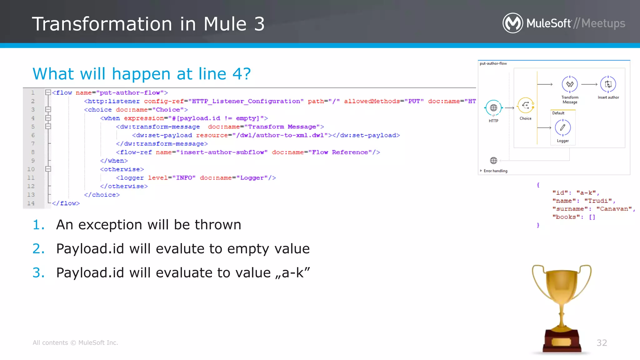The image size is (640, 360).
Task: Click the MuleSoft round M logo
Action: click(512, 23)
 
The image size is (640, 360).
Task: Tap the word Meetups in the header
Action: click(603, 23)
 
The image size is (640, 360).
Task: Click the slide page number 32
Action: click(602, 343)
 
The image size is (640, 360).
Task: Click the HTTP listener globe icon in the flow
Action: click(493, 108)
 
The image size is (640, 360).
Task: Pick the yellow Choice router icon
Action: click(526, 105)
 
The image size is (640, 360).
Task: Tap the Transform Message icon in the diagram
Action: click(570, 84)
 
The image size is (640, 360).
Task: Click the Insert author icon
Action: click(608, 84)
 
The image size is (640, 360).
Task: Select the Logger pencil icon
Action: click(562, 127)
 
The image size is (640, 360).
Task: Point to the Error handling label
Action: click(495, 171)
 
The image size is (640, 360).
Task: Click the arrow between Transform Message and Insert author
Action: click(589, 84)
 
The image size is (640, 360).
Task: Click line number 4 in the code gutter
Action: click(33, 118)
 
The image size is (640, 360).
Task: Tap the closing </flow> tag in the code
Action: click(66, 203)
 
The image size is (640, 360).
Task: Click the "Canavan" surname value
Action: click(614, 209)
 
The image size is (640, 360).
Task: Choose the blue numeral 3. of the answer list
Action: click(38, 273)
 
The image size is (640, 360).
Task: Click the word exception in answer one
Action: click(123, 225)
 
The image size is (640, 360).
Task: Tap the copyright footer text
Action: click(75, 343)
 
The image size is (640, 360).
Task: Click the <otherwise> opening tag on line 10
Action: click(122, 169)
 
